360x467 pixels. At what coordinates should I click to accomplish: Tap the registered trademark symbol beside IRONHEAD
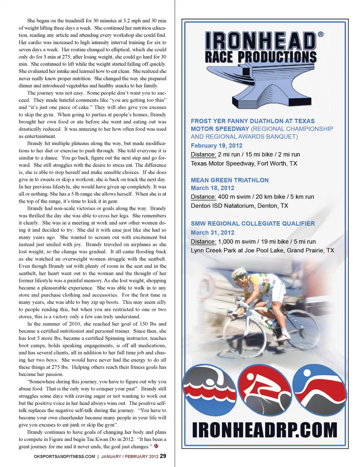[321, 34]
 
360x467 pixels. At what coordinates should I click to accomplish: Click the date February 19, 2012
[216, 146]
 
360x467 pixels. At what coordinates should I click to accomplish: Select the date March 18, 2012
[212, 188]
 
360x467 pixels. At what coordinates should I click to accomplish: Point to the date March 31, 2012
[212, 233]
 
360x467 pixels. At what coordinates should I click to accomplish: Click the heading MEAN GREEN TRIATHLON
[229, 180]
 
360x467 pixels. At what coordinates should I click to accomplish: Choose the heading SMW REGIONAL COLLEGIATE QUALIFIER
[252, 224]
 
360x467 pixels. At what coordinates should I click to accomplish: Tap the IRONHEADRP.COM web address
[264, 430]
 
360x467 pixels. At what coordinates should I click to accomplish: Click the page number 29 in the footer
[163, 456]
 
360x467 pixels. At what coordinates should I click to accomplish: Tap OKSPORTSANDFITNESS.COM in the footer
[64, 456]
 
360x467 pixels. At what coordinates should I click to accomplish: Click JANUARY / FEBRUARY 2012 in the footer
[129, 456]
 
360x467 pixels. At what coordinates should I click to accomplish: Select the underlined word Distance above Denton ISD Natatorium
[203, 197]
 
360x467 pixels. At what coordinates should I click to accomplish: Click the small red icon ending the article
[156, 446]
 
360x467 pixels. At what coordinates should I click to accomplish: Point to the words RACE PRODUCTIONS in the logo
[261, 57]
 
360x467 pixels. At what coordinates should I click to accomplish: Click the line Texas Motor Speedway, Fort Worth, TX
[244, 164]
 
